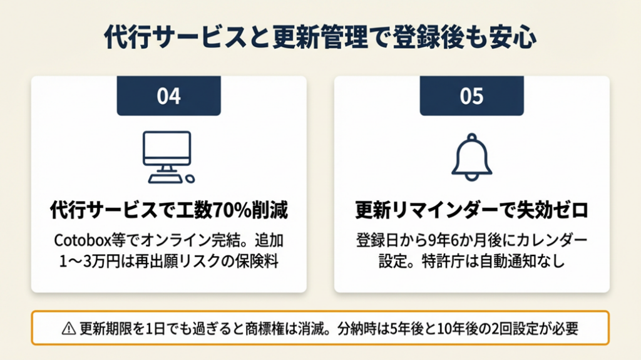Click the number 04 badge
pos(169,96)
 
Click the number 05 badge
pos(472,96)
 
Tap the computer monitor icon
pos(167,157)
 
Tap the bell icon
pos(472,157)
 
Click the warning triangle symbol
pos(69,328)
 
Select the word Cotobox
pos(83,240)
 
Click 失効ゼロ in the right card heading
pos(552,210)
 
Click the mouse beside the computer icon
pos(190,179)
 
